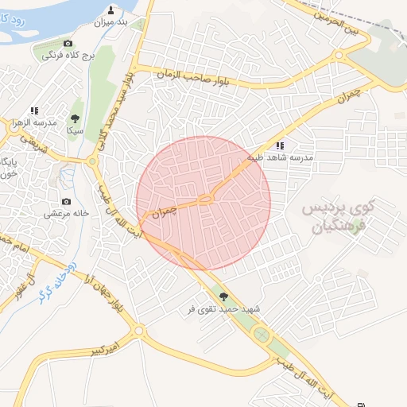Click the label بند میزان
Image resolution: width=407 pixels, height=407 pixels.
click(111, 21)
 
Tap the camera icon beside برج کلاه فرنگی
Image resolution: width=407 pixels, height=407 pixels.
click(68, 43)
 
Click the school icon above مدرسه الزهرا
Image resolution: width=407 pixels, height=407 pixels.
click(33, 110)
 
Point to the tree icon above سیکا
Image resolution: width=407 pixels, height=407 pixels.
click(76, 118)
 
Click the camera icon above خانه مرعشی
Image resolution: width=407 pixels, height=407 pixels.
click(66, 201)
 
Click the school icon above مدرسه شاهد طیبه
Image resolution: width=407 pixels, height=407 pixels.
click(280, 145)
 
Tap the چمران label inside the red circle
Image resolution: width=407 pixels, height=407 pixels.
click(161, 211)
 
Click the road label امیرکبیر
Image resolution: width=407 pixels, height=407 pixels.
click(104, 349)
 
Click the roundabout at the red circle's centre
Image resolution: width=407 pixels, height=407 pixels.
click(205, 200)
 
